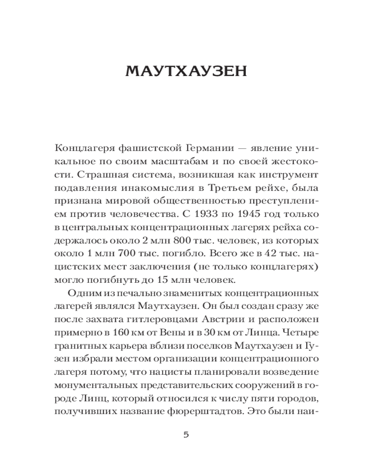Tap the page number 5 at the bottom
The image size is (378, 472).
(x=186, y=435)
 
